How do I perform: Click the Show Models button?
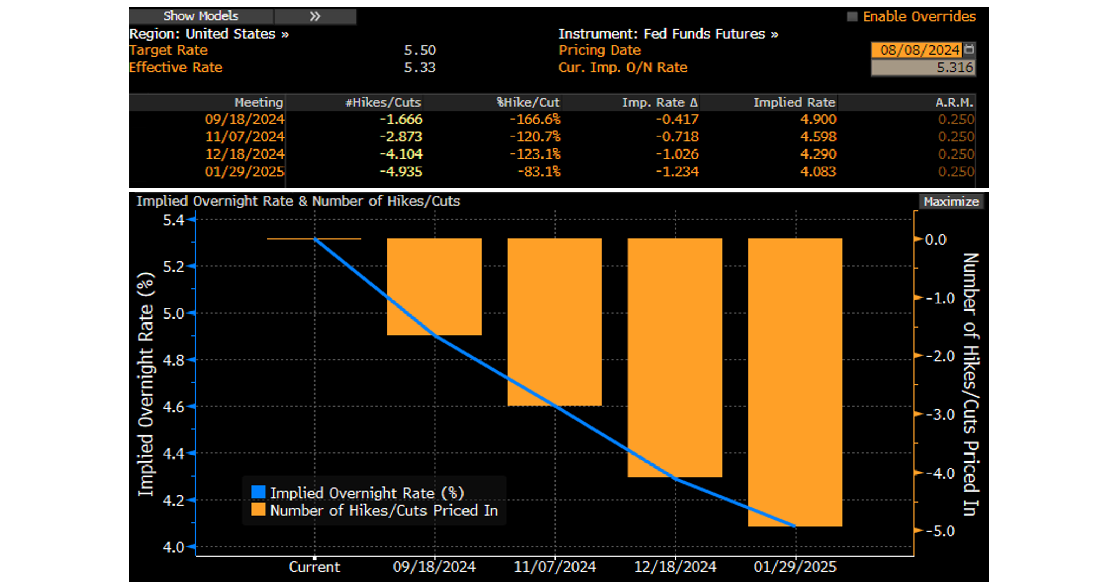coord(201,16)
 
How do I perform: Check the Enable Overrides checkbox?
coord(852,17)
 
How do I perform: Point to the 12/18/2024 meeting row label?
coord(244,154)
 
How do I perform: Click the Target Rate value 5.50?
coord(420,50)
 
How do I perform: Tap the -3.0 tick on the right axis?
coord(940,414)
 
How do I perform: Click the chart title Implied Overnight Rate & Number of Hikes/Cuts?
coord(298,201)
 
